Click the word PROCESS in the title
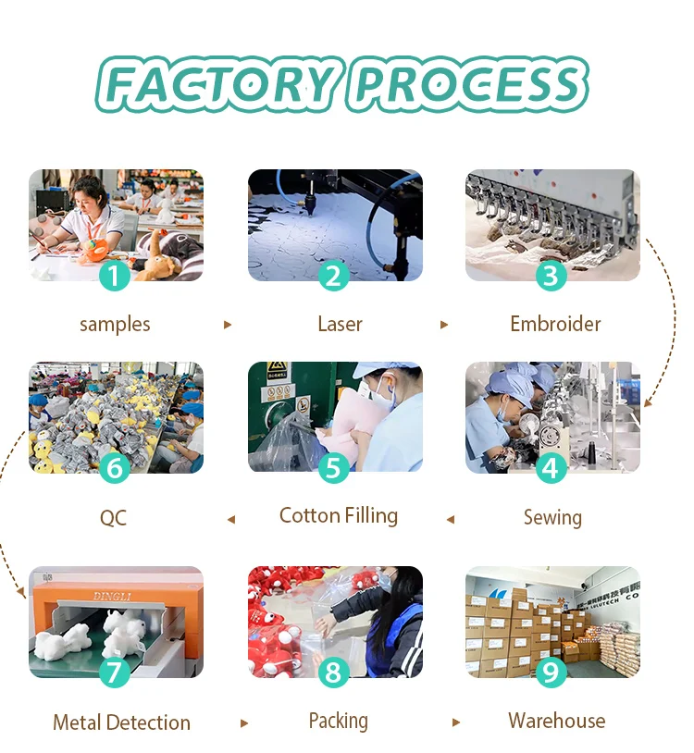coord(470,85)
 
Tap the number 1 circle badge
coord(114,275)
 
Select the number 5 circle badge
coord(333,467)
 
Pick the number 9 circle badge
coord(551,672)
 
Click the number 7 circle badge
coord(114,672)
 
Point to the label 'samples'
coord(115,325)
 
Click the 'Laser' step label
coord(340,325)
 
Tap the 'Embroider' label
coord(555,325)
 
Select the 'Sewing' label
coord(552,517)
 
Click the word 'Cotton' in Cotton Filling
coord(309,516)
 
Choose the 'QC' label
coord(113,518)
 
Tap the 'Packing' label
coord(338,722)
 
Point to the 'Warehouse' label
coord(556,722)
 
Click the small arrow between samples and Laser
coord(228,326)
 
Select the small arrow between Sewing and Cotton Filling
coord(451,519)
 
